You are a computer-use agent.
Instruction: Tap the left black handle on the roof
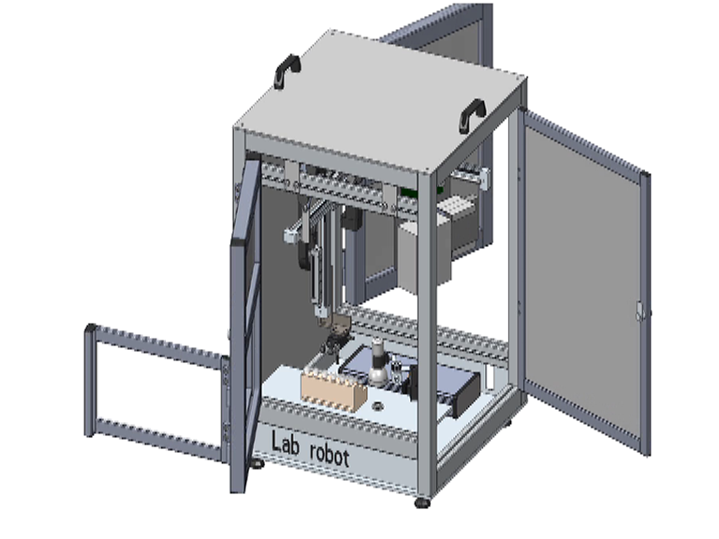[286, 69]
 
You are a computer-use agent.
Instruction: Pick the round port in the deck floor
[378, 406]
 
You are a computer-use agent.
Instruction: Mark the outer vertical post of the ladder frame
[90, 380]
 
